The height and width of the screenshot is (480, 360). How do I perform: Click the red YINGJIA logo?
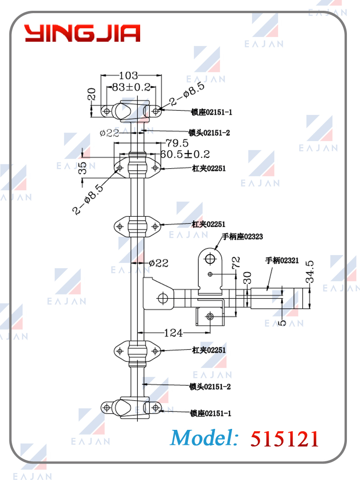tap(82, 33)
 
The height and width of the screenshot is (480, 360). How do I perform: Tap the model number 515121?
tap(285, 439)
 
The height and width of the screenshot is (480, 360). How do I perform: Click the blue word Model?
tap(204, 438)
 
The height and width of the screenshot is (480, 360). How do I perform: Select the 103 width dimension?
tap(128, 75)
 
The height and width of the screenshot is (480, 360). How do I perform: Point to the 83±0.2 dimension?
tap(131, 87)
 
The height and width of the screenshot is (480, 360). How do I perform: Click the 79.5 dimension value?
tap(177, 143)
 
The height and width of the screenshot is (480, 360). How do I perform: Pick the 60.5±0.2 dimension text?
tap(185, 154)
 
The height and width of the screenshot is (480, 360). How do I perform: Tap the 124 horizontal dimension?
tap(173, 333)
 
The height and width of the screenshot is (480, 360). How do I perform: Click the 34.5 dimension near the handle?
tap(310, 272)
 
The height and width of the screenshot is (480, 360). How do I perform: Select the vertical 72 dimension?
tap(236, 262)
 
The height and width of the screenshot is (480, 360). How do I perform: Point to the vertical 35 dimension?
tap(82, 168)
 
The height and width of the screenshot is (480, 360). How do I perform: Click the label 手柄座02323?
tap(242, 236)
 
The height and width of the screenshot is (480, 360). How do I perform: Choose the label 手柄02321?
tap(282, 261)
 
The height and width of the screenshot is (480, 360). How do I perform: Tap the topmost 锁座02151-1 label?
tap(211, 112)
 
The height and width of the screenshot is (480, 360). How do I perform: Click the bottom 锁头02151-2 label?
tap(210, 387)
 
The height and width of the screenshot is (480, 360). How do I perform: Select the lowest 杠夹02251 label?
tap(209, 350)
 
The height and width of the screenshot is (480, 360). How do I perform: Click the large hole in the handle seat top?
tap(210, 259)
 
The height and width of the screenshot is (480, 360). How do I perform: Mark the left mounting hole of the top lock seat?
tap(106, 111)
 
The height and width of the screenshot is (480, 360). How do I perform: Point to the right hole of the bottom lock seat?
tap(156, 407)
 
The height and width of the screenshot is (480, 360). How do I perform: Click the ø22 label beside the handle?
tap(158, 263)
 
